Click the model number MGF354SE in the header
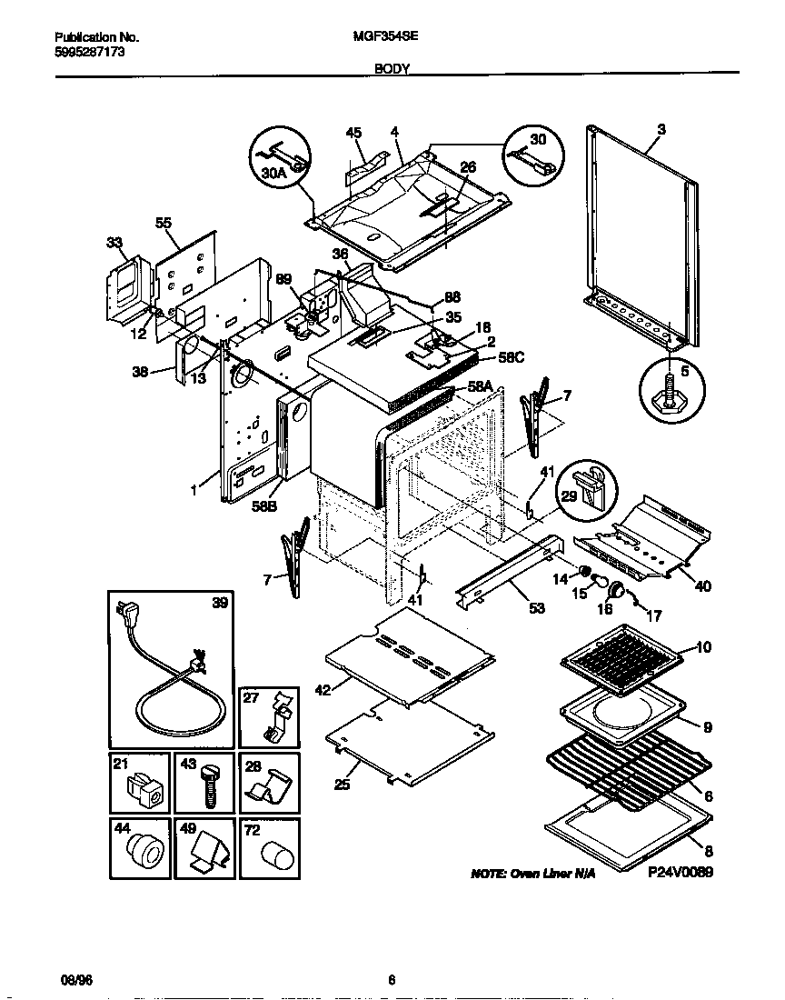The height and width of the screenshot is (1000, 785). click(377, 37)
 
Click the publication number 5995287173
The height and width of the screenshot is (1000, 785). click(90, 52)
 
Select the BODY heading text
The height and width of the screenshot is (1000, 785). click(392, 68)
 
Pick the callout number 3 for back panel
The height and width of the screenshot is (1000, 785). click(661, 130)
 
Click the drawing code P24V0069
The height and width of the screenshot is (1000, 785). click(681, 871)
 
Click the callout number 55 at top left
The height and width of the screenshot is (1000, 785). click(164, 222)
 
